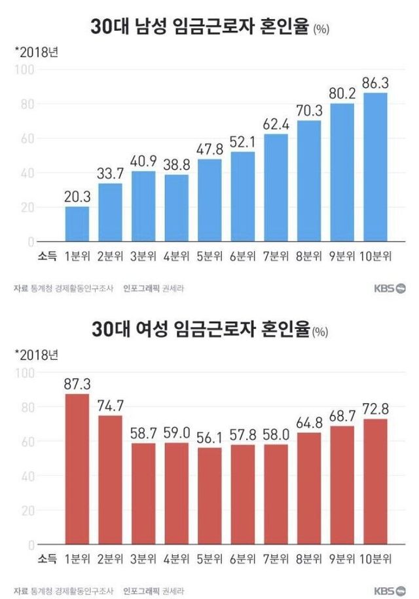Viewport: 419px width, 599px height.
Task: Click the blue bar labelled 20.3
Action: pos(77,224)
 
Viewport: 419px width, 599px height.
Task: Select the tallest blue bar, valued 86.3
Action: pos(374,168)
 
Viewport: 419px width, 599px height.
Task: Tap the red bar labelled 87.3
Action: pos(77,469)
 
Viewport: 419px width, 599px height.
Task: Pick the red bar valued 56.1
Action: pos(209,496)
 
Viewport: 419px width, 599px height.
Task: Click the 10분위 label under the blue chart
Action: pos(376,256)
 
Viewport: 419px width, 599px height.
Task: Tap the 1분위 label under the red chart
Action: pos(77,558)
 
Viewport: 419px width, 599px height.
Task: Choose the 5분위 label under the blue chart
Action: pos(209,256)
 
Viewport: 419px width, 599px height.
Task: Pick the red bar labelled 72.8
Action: pos(374,482)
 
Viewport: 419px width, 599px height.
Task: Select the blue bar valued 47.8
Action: pos(209,201)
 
